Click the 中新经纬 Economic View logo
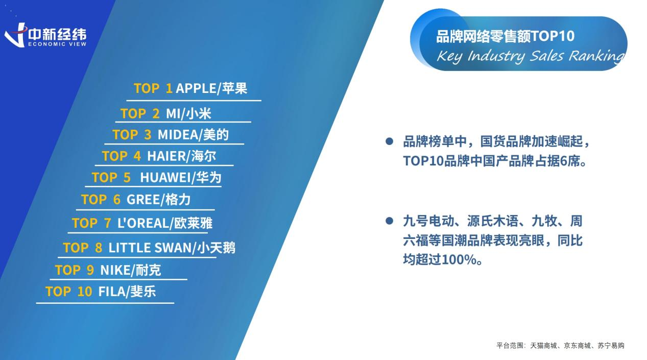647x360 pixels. pyautogui.click(x=45, y=35)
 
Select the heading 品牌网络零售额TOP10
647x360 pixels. pyautogui.click(x=505, y=36)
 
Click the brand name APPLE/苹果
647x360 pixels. pyautogui.click(x=211, y=88)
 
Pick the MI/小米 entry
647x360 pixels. pyautogui.click(x=188, y=113)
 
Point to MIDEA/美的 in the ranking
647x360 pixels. pyautogui.click(x=193, y=135)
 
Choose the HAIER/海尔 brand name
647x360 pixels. pyautogui.click(x=181, y=156)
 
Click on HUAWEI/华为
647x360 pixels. pyautogui.click(x=181, y=177)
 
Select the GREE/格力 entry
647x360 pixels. pyautogui.click(x=158, y=200)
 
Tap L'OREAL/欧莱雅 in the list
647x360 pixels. pyautogui.click(x=164, y=223)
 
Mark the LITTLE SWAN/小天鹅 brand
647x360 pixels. pyautogui.click(x=172, y=248)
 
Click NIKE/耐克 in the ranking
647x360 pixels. pyautogui.click(x=130, y=270)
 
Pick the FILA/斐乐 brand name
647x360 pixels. pyautogui.click(x=127, y=291)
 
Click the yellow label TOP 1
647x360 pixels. pyautogui.click(x=153, y=88)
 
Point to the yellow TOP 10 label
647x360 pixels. pyautogui.click(x=69, y=292)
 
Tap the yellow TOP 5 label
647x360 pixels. pyautogui.click(x=111, y=177)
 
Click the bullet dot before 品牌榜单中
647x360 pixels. pyautogui.click(x=389, y=141)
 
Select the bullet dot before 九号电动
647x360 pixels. pyautogui.click(x=389, y=221)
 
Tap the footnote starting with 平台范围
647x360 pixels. pyautogui.click(x=560, y=346)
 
